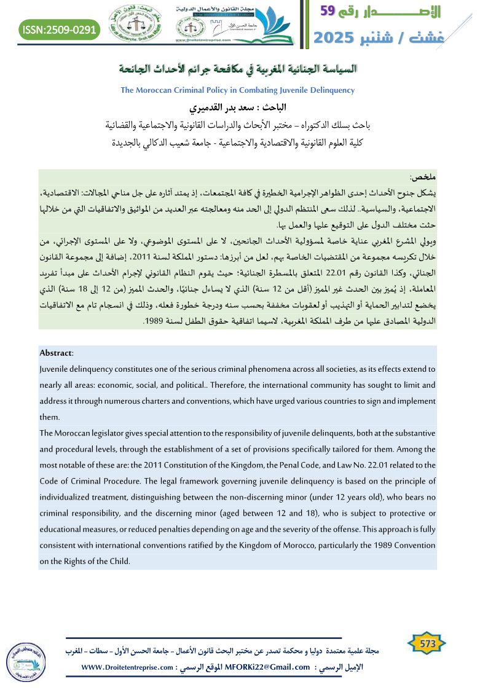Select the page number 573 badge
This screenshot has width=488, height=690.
pos(427,644)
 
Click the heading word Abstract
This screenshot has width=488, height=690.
pos(56,353)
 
